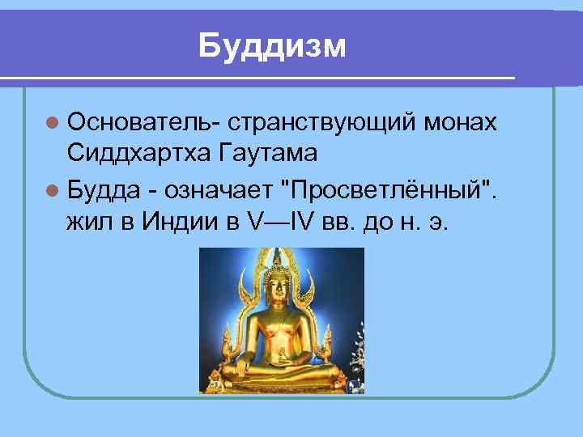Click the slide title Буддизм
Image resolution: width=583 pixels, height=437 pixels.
tap(272, 46)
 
